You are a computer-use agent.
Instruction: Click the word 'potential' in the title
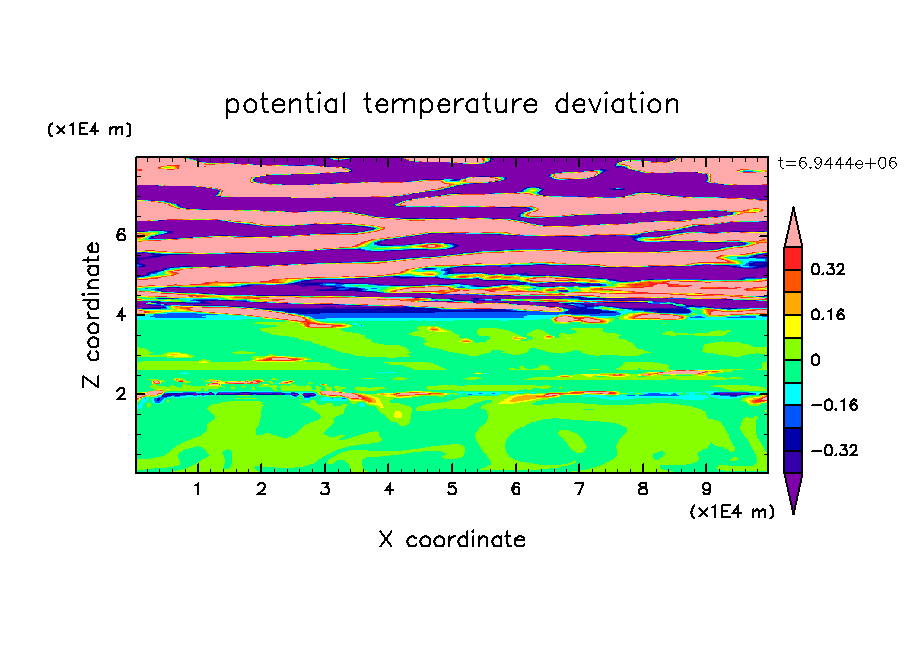[285, 105]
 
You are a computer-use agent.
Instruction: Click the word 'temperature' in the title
[451, 105]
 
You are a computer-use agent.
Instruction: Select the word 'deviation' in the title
[617, 104]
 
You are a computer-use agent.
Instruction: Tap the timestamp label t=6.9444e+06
[837, 163]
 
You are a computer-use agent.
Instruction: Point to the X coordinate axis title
[452, 539]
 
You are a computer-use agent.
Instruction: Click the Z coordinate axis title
[92, 314]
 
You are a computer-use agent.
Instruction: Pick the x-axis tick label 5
[451, 489]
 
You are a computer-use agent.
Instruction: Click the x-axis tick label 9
[706, 489]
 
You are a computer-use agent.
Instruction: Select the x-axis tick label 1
[197, 489]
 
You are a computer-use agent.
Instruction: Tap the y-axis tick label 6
[120, 235]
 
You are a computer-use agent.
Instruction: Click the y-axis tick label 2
[120, 394]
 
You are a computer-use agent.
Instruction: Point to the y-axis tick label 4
[120, 314]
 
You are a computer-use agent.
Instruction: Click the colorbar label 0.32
[827, 269]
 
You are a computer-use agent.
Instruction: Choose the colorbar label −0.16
[834, 405]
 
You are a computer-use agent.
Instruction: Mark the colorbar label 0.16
[827, 314]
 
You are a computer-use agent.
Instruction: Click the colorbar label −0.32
[834, 450]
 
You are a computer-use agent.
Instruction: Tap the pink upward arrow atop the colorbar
[793, 231]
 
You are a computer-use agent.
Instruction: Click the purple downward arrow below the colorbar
[793, 489]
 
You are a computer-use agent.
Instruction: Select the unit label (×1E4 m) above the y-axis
[89, 129]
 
